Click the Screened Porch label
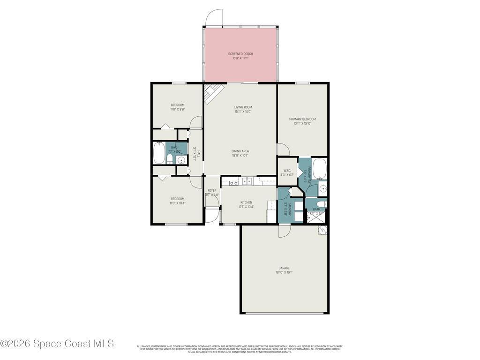pyautogui.click(x=240, y=54)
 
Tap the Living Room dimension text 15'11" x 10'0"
pyautogui.click(x=243, y=112)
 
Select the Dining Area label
pyautogui.click(x=240, y=151)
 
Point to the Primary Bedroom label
pyautogui.click(x=302, y=119)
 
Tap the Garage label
pyautogui.click(x=284, y=268)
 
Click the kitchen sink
pyautogui.click(x=247, y=181)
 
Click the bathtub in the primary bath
pyautogui.click(x=319, y=170)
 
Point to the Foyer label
pyautogui.click(x=212, y=191)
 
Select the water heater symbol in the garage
pyautogui.click(x=323, y=230)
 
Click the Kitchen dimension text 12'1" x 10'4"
pyautogui.click(x=247, y=206)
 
